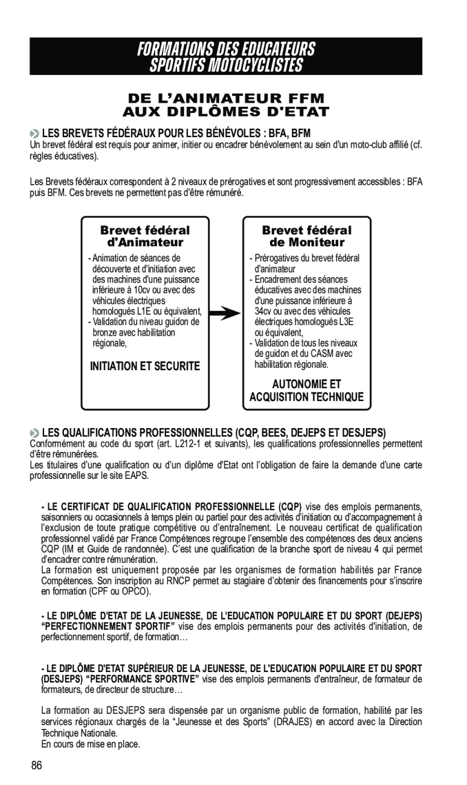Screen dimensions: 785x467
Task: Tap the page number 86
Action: tap(37, 766)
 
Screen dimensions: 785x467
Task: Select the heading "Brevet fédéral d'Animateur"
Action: tap(145, 237)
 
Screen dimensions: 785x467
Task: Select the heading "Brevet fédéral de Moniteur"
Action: tap(307, 237)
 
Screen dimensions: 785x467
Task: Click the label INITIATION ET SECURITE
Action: tap(145, 367)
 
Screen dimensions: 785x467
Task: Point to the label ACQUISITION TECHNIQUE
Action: tap(307, 397)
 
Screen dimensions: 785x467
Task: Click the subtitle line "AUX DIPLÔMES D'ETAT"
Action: tap(226, 112)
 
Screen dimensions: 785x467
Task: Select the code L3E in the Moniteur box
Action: tap(353, 321)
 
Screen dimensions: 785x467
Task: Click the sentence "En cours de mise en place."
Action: tap(91, 744)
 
